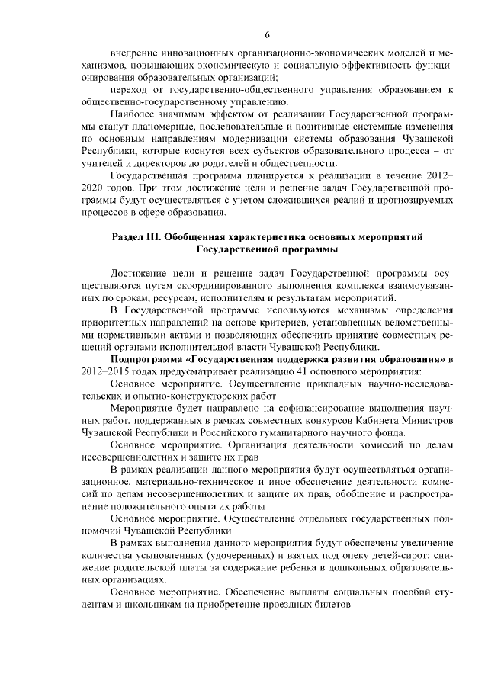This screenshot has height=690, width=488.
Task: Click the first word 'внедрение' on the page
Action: click(134, 53)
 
